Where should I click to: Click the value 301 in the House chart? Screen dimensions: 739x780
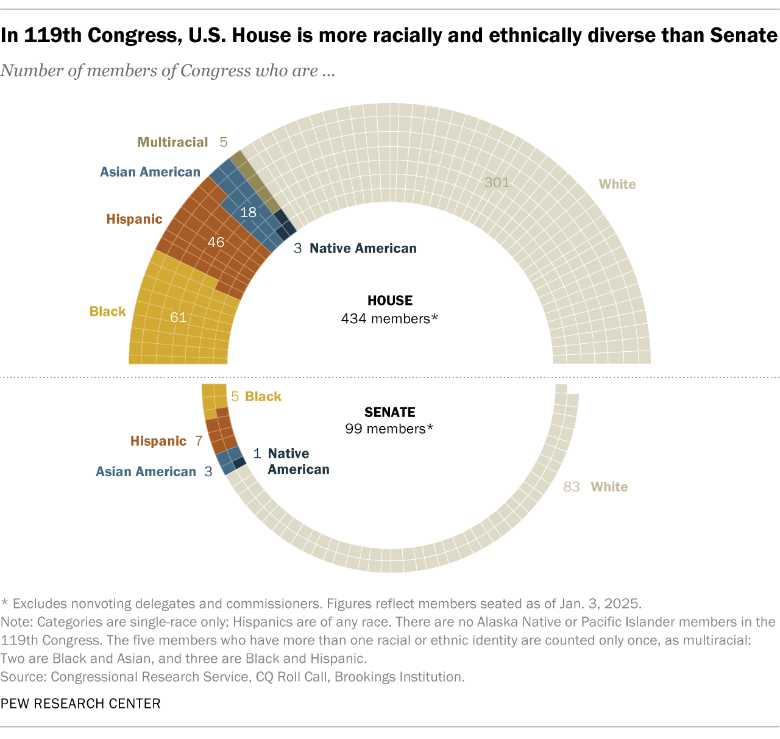pos(497,182)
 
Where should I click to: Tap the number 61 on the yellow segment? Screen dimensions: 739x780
pos(178,317)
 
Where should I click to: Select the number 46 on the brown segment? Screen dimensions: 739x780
pos(216,242)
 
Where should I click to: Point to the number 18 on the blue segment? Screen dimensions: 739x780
pos(248,212)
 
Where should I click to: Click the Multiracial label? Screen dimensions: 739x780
pos(172,142)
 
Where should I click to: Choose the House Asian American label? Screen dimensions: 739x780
pos(150,172)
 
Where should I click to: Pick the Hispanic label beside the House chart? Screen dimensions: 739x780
pos(134,219)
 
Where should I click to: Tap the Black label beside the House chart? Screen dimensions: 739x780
pos(107,312)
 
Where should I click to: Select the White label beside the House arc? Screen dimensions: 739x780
pos(617,184)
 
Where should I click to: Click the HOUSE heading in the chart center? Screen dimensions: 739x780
pos(390,301)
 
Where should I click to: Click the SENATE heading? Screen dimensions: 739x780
pos(390,412)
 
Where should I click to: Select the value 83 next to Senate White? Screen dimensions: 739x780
pos(572,487)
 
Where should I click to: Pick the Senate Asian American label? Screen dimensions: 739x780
pos(146,471)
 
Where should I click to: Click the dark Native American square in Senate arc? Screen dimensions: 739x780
pos(239,463)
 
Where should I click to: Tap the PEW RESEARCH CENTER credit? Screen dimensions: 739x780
pos(80,704)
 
